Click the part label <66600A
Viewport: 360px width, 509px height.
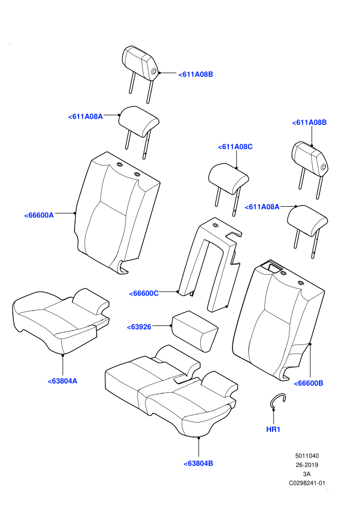coord(39,215)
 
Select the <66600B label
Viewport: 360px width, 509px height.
coord(309,384)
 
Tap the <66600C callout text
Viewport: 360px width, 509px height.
coord(144,294)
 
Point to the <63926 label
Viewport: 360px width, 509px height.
coord(139,327)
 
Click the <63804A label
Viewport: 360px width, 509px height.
coord(62,381)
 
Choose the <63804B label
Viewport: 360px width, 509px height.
coord(199,464)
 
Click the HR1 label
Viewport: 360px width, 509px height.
coord(273,429)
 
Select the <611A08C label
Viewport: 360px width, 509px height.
coord(235,147)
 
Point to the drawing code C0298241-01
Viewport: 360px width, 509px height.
coord(307,483)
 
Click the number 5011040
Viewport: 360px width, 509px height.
coord(307,456)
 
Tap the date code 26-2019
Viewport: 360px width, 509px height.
coord(307,465)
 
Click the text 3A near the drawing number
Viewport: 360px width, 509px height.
coord(307,474)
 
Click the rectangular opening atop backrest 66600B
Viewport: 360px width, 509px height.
coord(272,266)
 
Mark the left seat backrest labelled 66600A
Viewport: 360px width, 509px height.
coord(117,213)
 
